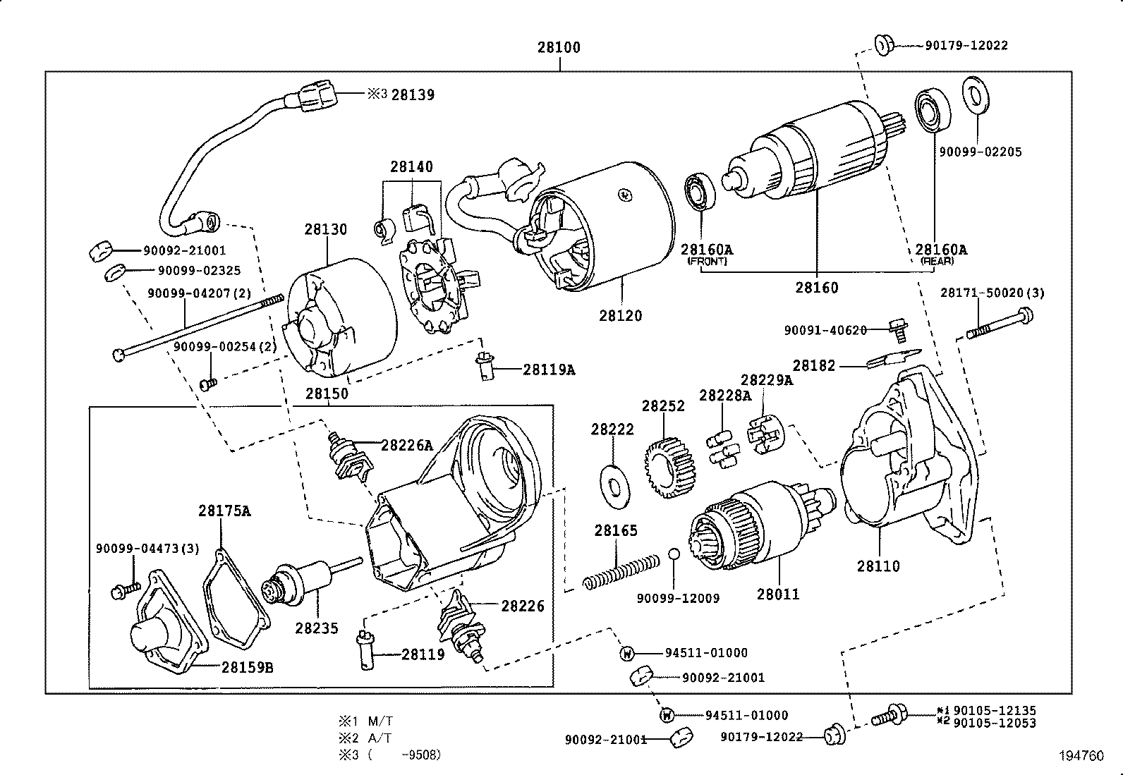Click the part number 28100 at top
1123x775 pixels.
pos(559,47)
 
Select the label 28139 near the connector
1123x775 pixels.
pos(413,94)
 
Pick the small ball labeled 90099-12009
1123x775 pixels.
pos(674,554)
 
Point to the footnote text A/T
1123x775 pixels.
pos(380,738)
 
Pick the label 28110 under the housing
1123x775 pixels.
pos(878,566)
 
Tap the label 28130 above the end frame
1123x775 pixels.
pos(326,229)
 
